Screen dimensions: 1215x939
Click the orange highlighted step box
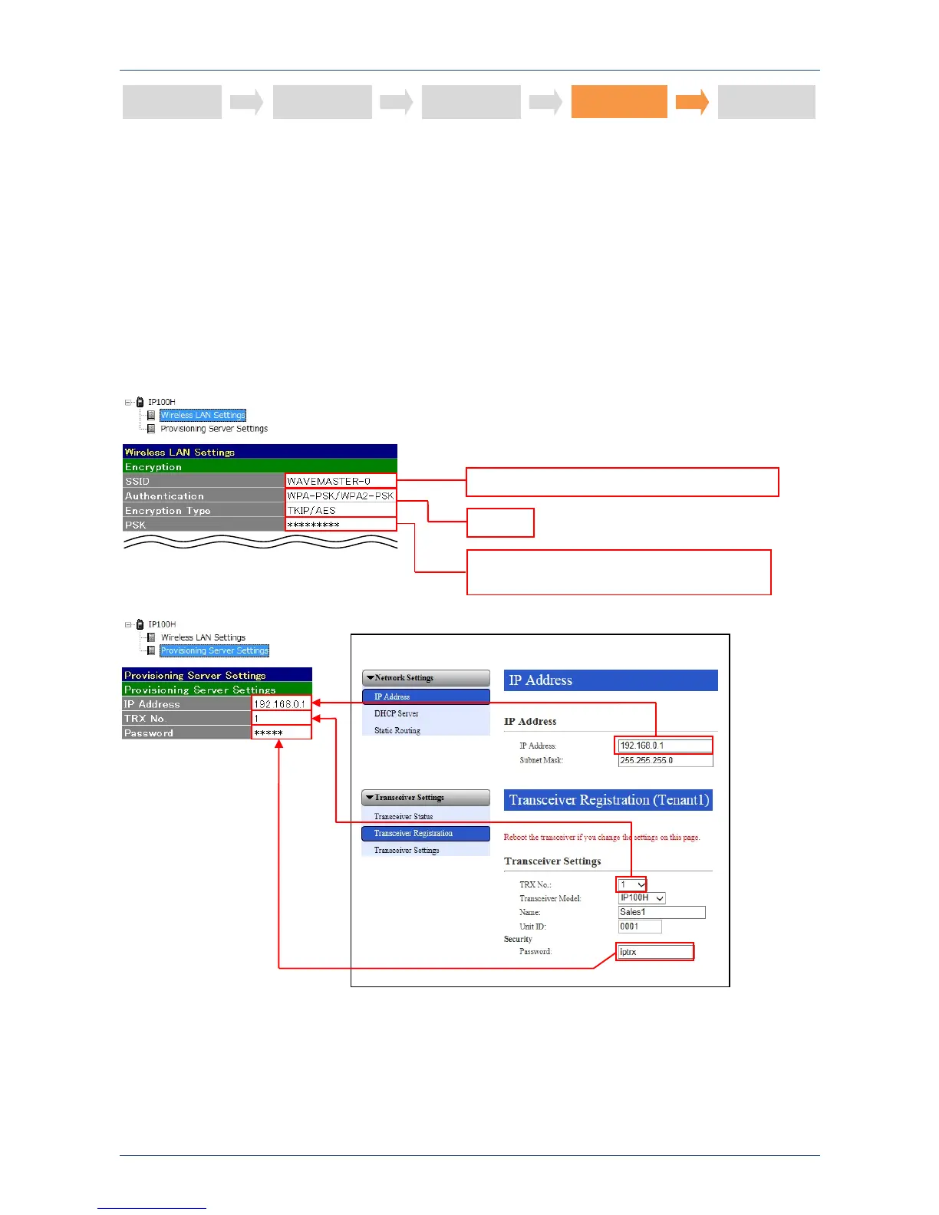pyautogui.click(x=619, y=101)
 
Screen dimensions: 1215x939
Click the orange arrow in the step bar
pyautogui.click(x=692, y=102)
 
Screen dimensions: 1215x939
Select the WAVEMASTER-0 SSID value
pyautogui.click(x=341, y=481)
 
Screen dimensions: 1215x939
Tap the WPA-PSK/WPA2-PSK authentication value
pyautogui.click(x=341, y=496)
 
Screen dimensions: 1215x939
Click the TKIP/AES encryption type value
pyautogui.click(x=341, y=510)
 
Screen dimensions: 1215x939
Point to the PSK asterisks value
pyautogui.click(x=341, y=525)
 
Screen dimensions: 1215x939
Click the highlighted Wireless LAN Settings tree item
pyautogui.click(x=203, y=415)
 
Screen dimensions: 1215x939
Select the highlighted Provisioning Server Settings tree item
pyautogui.click(x=214, y=650)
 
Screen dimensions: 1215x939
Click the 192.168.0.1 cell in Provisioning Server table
pyautogui.click(x=281, y=703)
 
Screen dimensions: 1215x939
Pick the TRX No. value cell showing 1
pyautogui.click(x=281, y=718)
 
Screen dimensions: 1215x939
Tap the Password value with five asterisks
pyautogui.click(x=281, y=733)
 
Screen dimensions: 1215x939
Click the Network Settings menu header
pyautogui.click(x=426, y=678)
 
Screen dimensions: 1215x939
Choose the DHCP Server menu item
pyautogui.click(x=397, y=713)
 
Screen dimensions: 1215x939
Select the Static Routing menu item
pyautogui.click(x=397, y=730)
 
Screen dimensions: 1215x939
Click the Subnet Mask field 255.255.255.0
pyautogui.click(x=665, y=760)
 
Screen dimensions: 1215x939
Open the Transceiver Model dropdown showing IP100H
pyautogui.click(x=642, y=897)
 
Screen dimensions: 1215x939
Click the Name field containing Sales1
pyautogui.click(x=661, y=912)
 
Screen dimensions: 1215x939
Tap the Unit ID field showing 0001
pyautogui.click(x=640, y=927)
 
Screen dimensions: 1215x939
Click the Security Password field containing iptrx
pyautogui.click(x=655, y=952)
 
